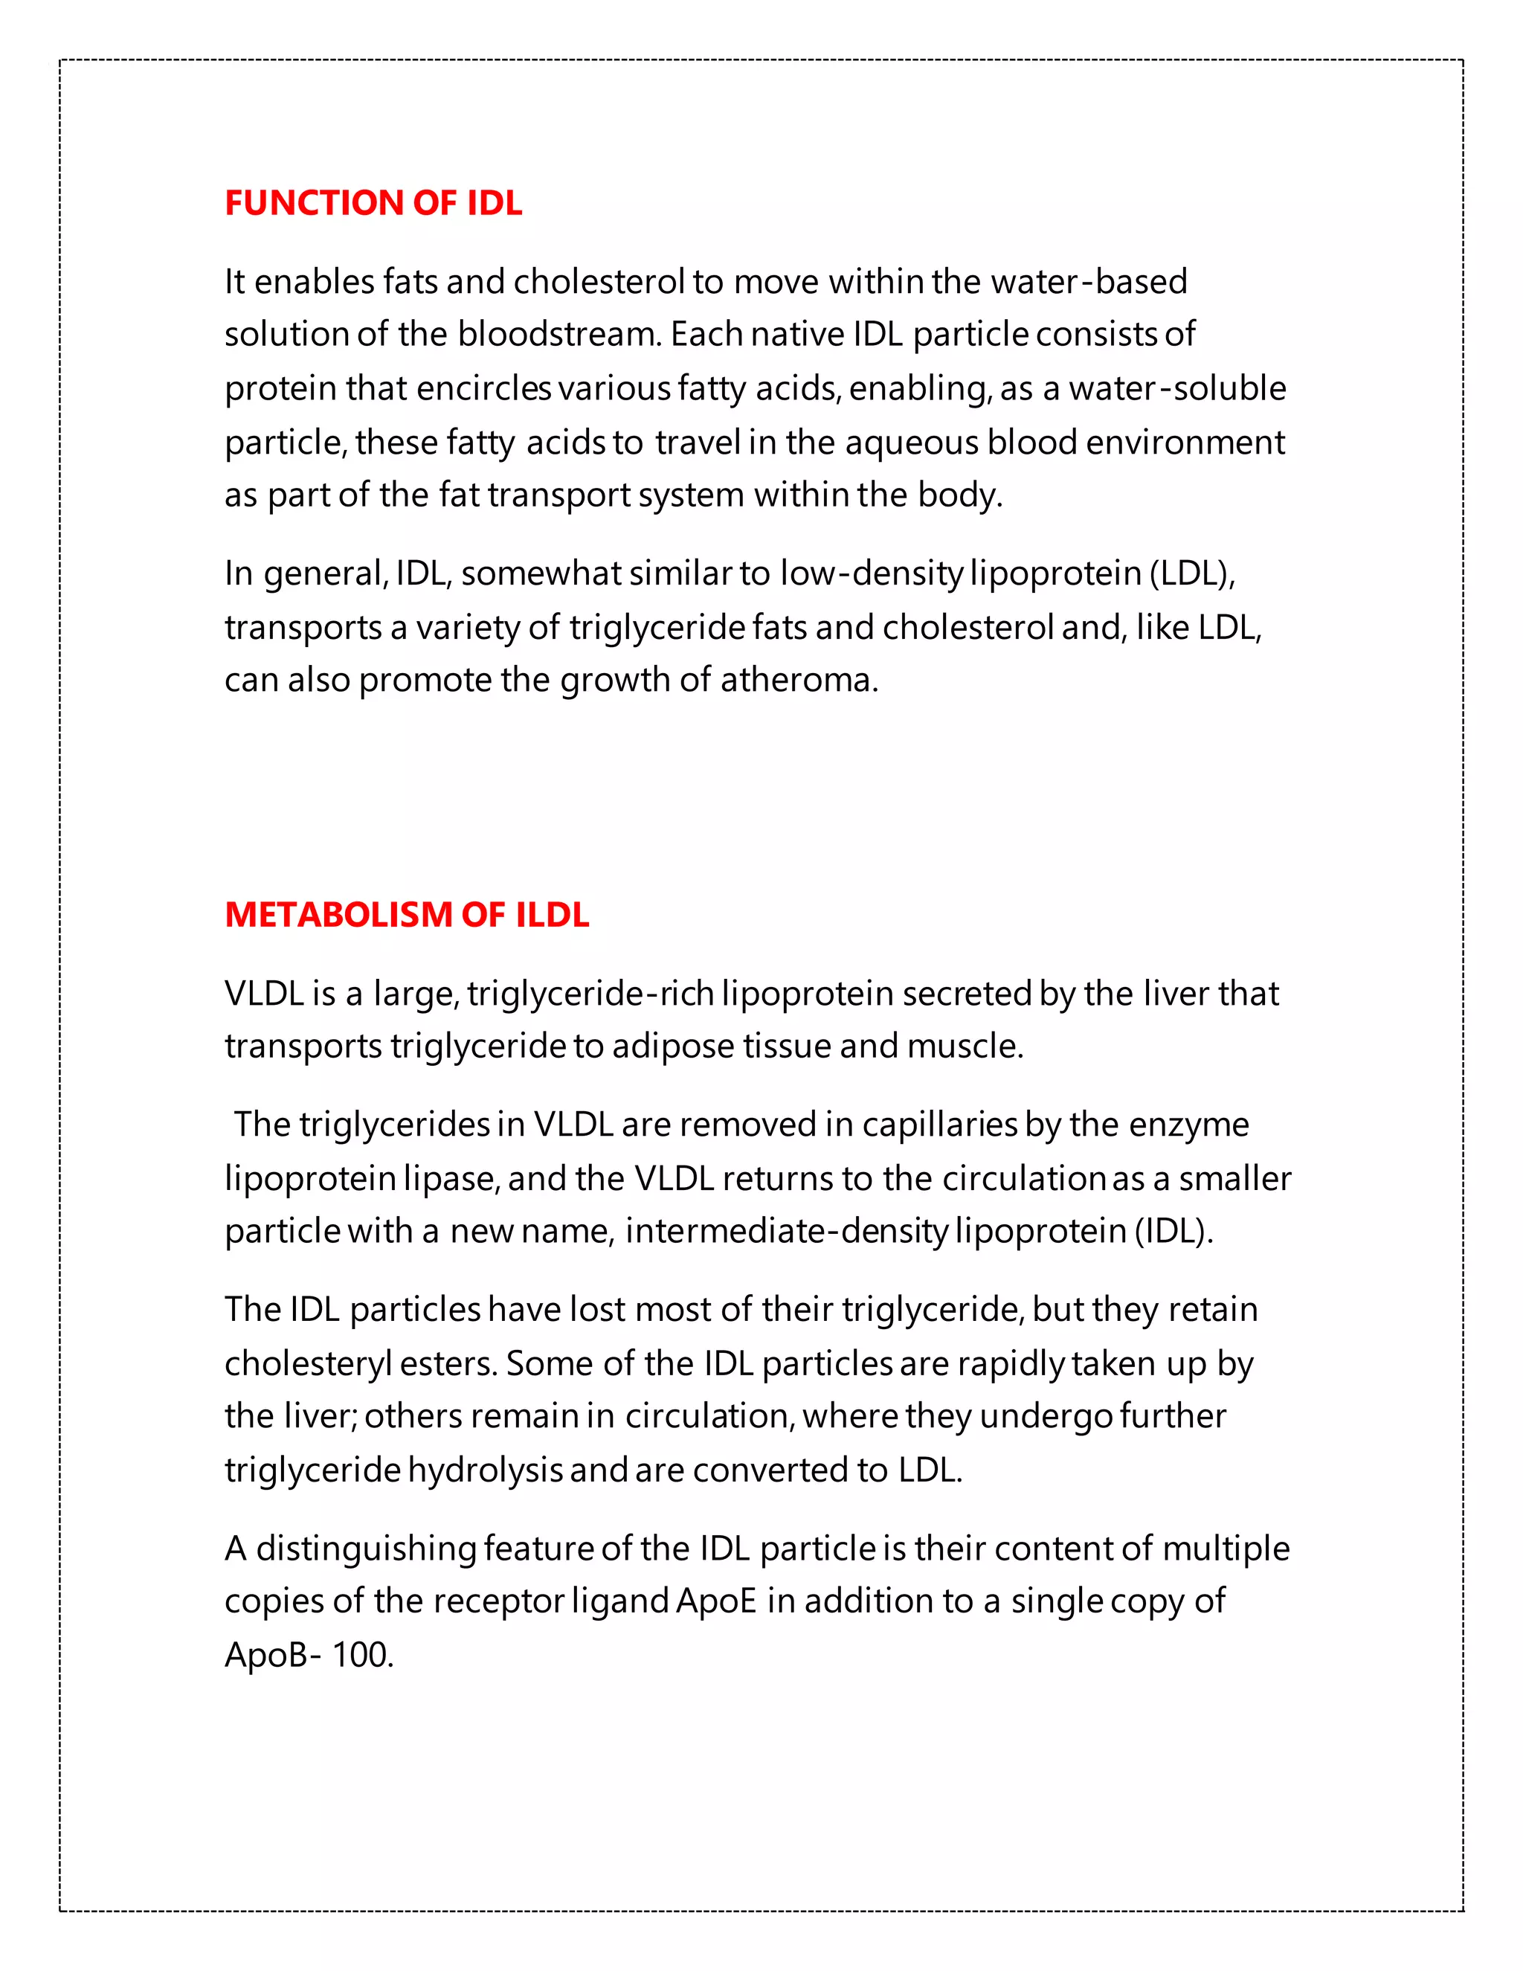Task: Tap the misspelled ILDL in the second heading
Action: coord(553,915)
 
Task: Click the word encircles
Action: coord(483,389)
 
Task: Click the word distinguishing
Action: coord(367,1549)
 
